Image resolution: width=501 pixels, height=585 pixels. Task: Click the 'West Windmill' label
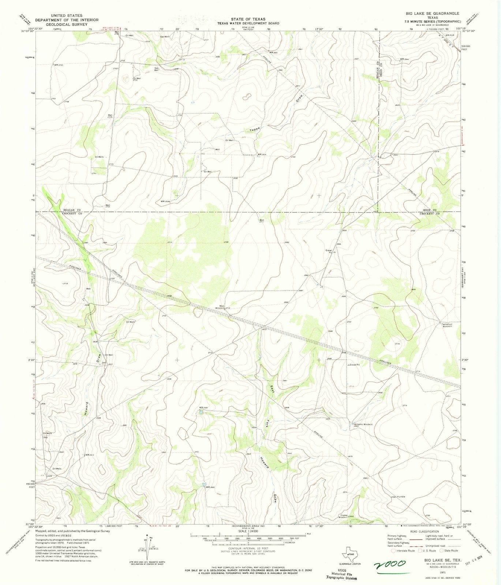pos(222,307)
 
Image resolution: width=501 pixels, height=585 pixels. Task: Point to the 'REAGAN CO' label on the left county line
pos(72,210)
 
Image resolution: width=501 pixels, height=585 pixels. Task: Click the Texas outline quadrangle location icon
pos(351,554)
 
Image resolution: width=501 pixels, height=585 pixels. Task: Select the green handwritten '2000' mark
pos(389,564)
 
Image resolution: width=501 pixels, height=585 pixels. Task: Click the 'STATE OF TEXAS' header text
pos(248,19)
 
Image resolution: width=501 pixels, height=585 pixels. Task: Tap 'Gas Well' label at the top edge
pos(164,37)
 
